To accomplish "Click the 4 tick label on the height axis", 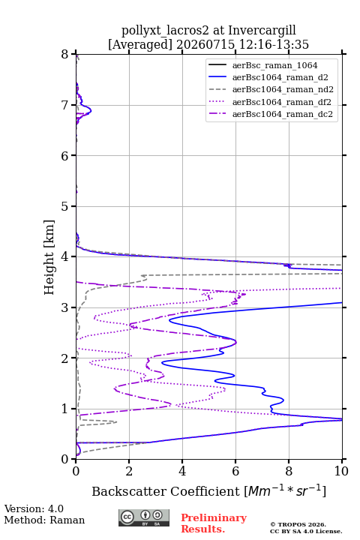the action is pyautogui.click(x=65, y=256).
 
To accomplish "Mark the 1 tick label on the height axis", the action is pyautogui.click(x=65, y=409).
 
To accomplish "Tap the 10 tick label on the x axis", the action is pyautogui.click(x=341, y=471).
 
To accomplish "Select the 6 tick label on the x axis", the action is pyautogui.click(x=235, y=471).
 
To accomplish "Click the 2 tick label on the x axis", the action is pyautogui.click(x=129, y=471).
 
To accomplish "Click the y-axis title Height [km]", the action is pyautogui.click(x=49, y=257).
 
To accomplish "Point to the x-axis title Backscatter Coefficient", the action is pyautogui.click(x=165, y=491).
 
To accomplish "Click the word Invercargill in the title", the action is pyautogui.click(x=262, y=31).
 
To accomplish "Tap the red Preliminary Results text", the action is pyautogui.click(x=214, y=523).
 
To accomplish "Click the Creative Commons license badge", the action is pyautogui.click(x=144, y=517).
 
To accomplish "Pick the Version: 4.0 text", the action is pyautogui.click(x=34, y=508).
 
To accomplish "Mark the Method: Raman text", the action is pyautogui.click(x=44, y=520).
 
